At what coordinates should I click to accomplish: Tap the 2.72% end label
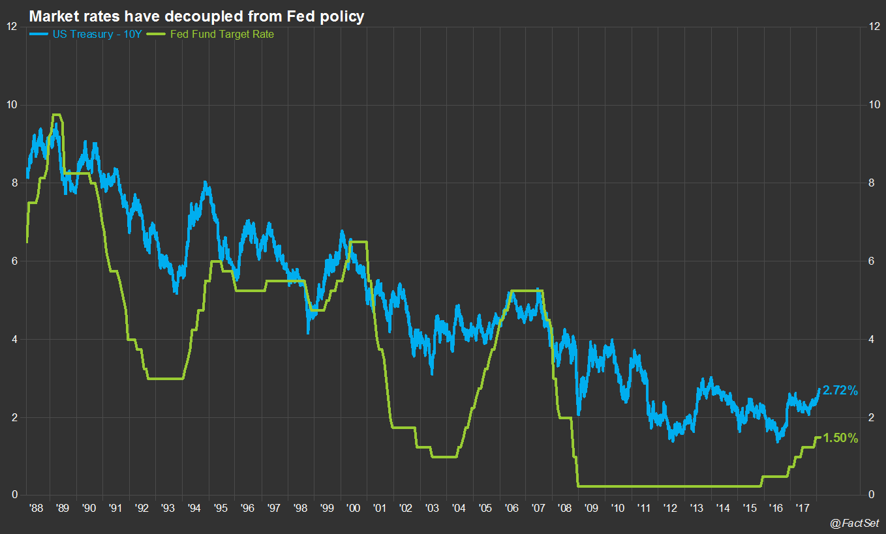pos(840,391)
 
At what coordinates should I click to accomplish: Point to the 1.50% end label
pos(840,438)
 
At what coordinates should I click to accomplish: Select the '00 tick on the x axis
pos(352,507)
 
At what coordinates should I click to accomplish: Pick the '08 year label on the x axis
pos(564,507)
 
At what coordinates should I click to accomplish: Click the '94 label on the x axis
pos(194,507)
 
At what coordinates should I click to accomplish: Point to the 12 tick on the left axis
pos(11,27)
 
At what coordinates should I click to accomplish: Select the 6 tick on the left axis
pos(14,261)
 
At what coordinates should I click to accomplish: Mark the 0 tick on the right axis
pos(872,495)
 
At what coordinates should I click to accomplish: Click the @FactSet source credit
pos(854,523)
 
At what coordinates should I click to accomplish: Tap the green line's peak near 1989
pos(57,115)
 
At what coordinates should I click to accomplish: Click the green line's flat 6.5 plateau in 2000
pos(358,242)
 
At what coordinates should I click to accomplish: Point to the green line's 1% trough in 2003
pos(444,456)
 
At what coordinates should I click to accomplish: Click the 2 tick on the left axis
pos(14,417)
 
